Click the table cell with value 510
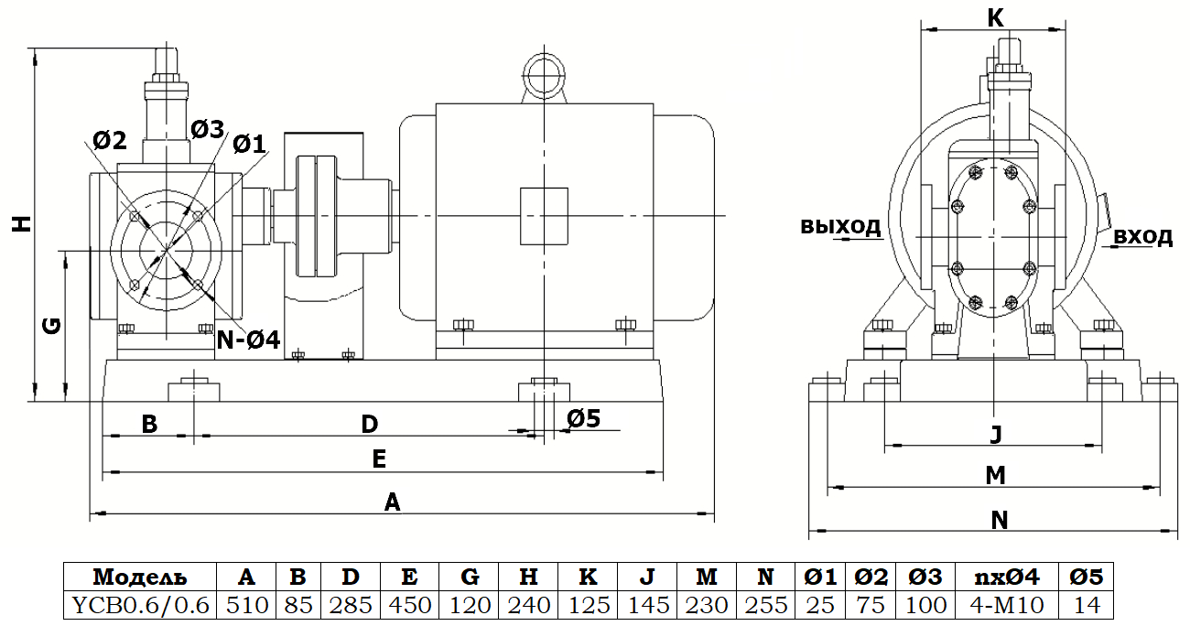coord(246,605)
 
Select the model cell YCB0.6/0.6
coord(139,605)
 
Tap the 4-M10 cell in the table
coord(1003,605)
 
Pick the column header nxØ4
coord(1003,577)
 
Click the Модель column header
coord(139,577)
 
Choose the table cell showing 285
coord(350,605)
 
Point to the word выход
coord(840,226)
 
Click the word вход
coord(1143,237)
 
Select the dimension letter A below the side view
coord(392,502)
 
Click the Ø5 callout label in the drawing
coord(583,418)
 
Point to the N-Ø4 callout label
coord(247,340)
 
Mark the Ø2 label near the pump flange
coord(110,140)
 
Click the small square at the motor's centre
coord(544,216)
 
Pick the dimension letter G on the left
coord(53,325)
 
